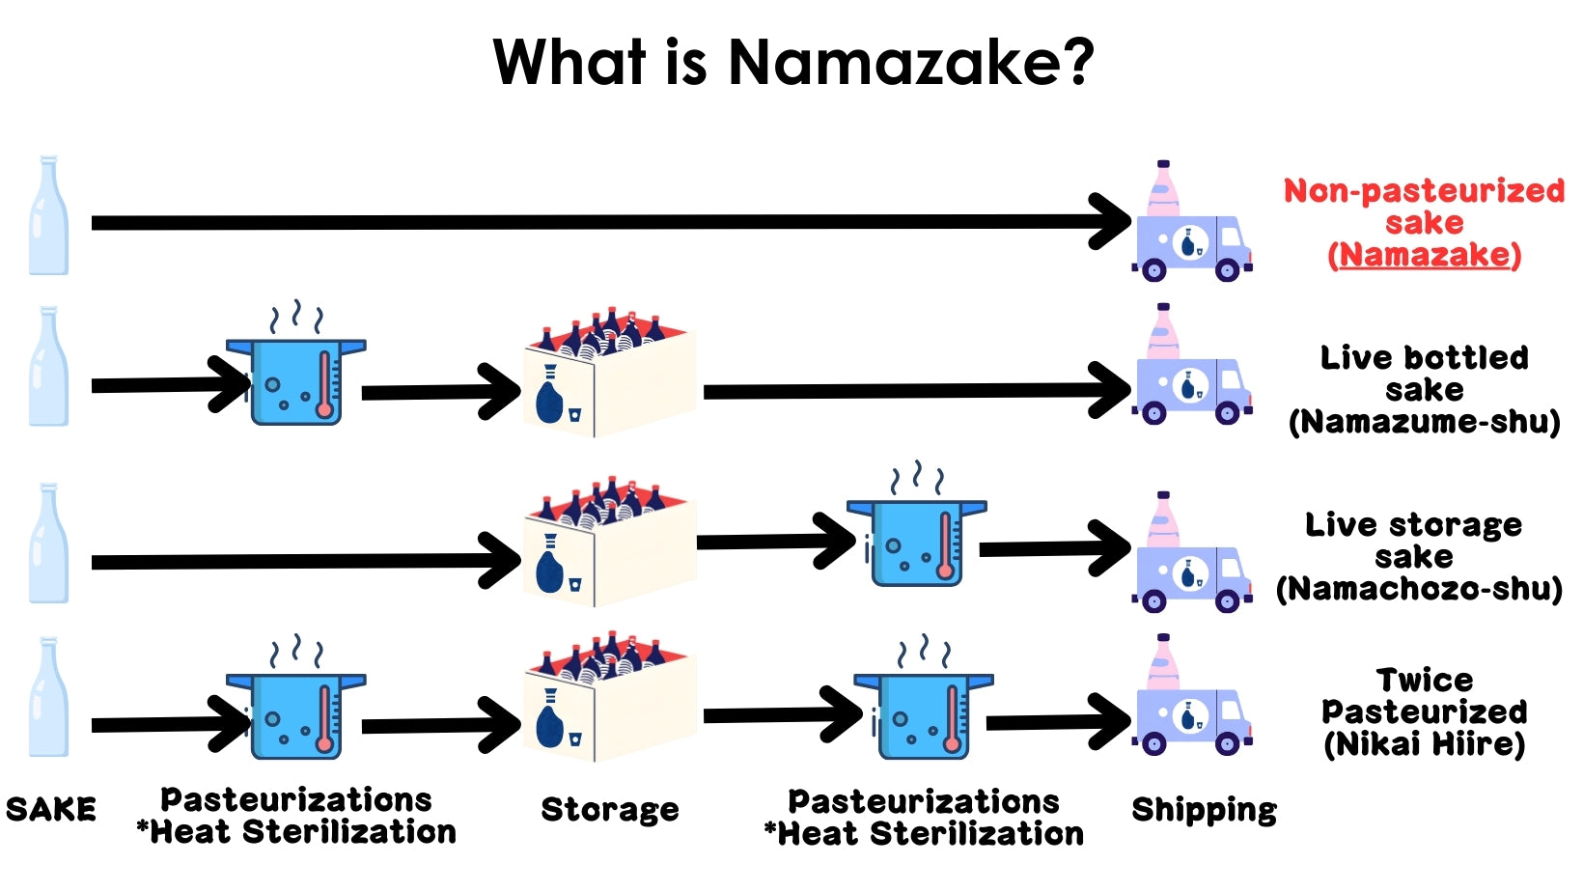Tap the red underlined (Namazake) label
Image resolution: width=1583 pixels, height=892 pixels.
point(1424,256)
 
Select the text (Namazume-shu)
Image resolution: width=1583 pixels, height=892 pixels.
point(1424,423)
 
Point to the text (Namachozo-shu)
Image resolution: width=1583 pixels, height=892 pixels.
point(1419,589)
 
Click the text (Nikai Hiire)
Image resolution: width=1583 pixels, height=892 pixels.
point(1424,744)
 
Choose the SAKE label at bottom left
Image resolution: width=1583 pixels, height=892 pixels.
point(51,809)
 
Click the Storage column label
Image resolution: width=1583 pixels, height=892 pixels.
point(610,810)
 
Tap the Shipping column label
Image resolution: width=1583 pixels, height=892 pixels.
point(1204,810)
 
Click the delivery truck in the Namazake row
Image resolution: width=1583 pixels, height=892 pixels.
point(1192,246)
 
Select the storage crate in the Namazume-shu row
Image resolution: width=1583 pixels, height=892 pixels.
point(608,376)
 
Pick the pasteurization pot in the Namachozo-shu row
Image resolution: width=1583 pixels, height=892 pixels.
point(917,541)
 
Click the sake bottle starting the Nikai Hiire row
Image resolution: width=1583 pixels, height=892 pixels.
point(48,697)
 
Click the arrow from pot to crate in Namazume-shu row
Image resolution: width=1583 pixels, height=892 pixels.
point(439,392)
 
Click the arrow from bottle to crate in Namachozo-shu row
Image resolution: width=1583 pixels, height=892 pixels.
point(299,561)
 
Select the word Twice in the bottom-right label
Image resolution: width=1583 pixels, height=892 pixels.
point(1424,680)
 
